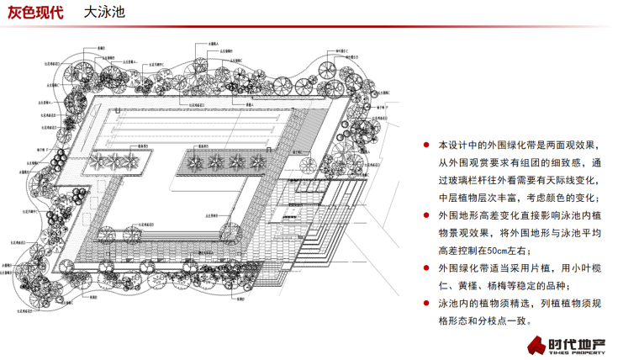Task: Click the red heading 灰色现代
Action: [x=35, y=14]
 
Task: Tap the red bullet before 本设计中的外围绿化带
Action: [x=427, y=146]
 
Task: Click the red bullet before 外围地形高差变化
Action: [x=427, y=216]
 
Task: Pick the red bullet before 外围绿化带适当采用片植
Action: [x=427, y=269]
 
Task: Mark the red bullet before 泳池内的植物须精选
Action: [x=427, y=304]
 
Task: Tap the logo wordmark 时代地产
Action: [x=581, y=342]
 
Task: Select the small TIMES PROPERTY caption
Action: [x=581, y=354]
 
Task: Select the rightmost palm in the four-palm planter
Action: [x=258, y=159]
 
